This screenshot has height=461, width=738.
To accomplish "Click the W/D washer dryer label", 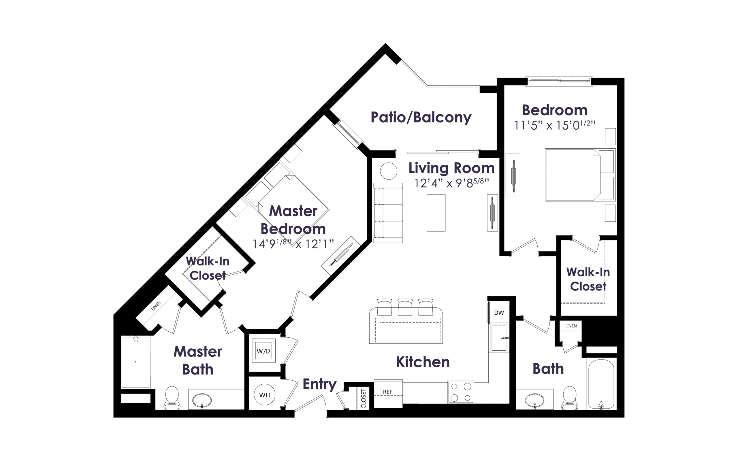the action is point(263,351).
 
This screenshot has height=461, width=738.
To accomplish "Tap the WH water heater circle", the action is point(264,394).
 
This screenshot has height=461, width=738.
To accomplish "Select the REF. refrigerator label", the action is point(388,392).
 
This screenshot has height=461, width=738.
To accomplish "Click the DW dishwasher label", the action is point(499,313).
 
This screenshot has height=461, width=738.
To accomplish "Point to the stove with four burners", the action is point(461,392).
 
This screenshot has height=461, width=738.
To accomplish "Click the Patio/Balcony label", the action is point(421,117).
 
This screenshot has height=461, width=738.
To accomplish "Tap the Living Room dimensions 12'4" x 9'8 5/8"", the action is point(451,183).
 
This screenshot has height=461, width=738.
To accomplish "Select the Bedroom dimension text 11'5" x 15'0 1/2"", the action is point(555,125).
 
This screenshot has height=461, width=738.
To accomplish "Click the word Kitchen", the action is point(423,362).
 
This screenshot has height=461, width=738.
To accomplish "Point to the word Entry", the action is point(319,384).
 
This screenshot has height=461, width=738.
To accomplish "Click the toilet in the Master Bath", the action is point(172,398).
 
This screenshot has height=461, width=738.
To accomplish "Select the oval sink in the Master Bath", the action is point(202,400).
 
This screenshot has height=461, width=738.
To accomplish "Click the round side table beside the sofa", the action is point(389,171).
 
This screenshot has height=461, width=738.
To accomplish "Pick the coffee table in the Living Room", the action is point(436,213).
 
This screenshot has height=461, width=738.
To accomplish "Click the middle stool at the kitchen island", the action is point(405,307).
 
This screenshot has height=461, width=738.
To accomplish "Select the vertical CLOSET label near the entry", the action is point(363,398).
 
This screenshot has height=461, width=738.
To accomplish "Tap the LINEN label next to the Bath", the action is point(571,326).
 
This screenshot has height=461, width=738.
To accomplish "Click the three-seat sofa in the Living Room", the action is point(388,213).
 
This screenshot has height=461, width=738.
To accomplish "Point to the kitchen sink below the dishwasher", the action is point(499,338).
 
